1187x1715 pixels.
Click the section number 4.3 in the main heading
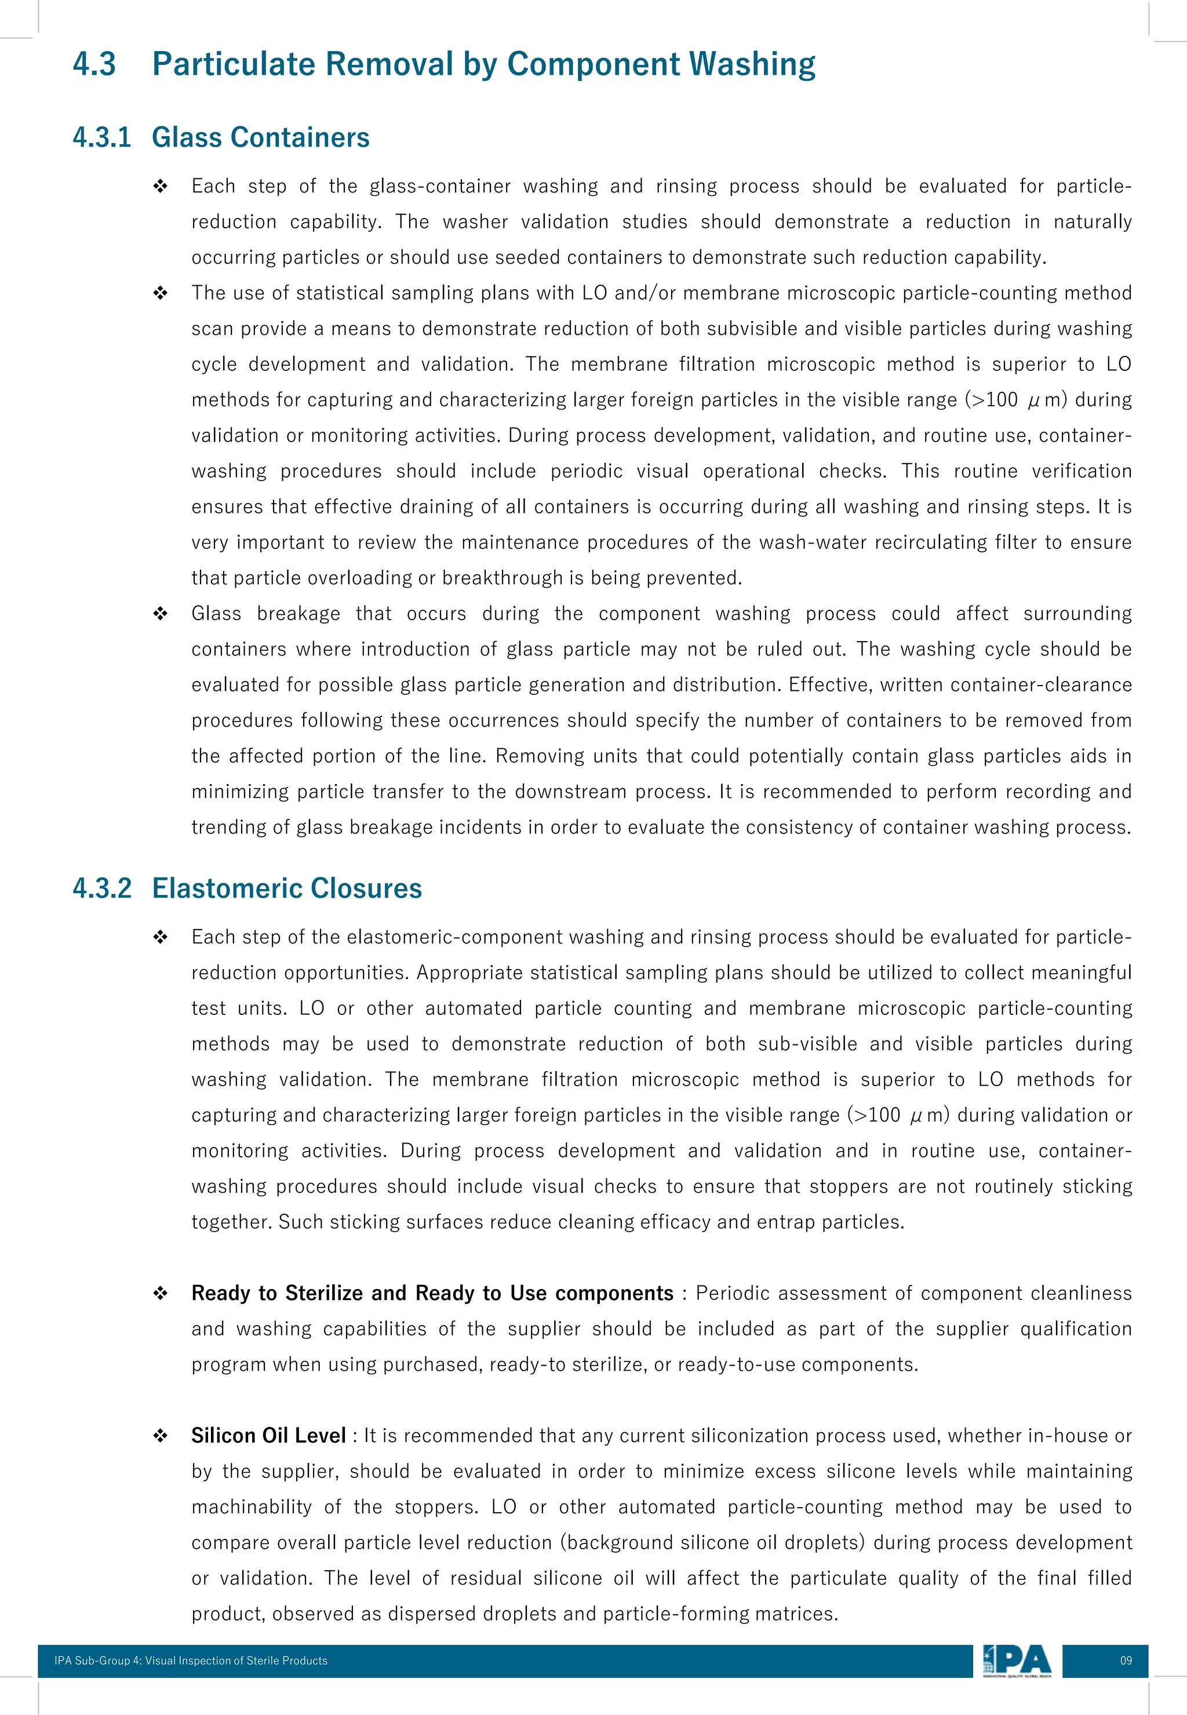[x=94, y=64]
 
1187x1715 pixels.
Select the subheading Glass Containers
[x=260, y=137]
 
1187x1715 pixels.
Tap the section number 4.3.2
[x=102, y=888]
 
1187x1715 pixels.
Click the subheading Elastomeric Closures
[x=286, y=888]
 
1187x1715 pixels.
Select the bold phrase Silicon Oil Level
[x=268, y=1436]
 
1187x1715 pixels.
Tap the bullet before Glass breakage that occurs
[x=160, y=614]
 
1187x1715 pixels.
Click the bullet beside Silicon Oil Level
[x=160, y=1436]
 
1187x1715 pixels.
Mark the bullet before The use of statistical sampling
[x=160, y=294]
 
